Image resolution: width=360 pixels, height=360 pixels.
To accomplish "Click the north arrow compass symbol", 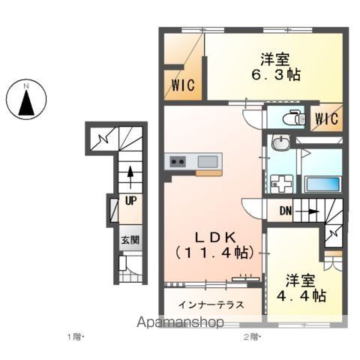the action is pyautogui.click(x=26, y=100).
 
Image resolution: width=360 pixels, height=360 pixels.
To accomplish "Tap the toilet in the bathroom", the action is pyautogui.click(x=294, y=118).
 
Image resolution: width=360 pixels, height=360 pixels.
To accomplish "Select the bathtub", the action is pyautogui.click(x=322, y=184).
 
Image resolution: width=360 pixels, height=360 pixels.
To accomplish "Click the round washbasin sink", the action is pyautogui.click(x=281, y=143).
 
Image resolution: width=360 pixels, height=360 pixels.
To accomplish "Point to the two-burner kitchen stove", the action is pyautogui.click(x=178, y=162).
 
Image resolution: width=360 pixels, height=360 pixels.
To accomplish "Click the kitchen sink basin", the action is pyautogui.click(x=208, y=161).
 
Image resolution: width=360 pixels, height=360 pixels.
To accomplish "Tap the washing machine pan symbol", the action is pyautogui.click(x=282, y=184).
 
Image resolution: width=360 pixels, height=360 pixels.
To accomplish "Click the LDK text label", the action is pyautogui.click(x=215, y=238).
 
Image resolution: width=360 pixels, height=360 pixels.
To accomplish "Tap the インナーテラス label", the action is pyautogui.click(x=211, y=304).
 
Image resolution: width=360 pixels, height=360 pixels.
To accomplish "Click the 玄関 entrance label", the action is pyautogui.click(x=130, y=240).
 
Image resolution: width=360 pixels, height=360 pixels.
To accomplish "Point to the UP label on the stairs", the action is pyautogui.click(x=130, y=200).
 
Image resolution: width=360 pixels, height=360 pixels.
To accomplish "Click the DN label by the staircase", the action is pyautogui.click(x=286, y=211).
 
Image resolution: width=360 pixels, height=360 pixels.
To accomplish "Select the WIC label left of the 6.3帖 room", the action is pyautogui.click(x=183, y=85).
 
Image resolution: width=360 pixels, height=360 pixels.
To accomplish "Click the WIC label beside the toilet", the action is pyautogui.click(x=326, y=118).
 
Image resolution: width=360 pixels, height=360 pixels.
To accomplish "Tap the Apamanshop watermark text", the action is pyautogui.click(x=180, y=322).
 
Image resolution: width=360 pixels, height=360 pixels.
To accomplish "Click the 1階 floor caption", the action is pyautogui.click(x=75, y=337).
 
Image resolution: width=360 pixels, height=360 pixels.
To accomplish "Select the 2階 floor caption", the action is pyautogui.click(x=252, y=337).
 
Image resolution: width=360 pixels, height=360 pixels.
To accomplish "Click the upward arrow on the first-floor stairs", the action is pyautogui.click(x=130, y=178).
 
